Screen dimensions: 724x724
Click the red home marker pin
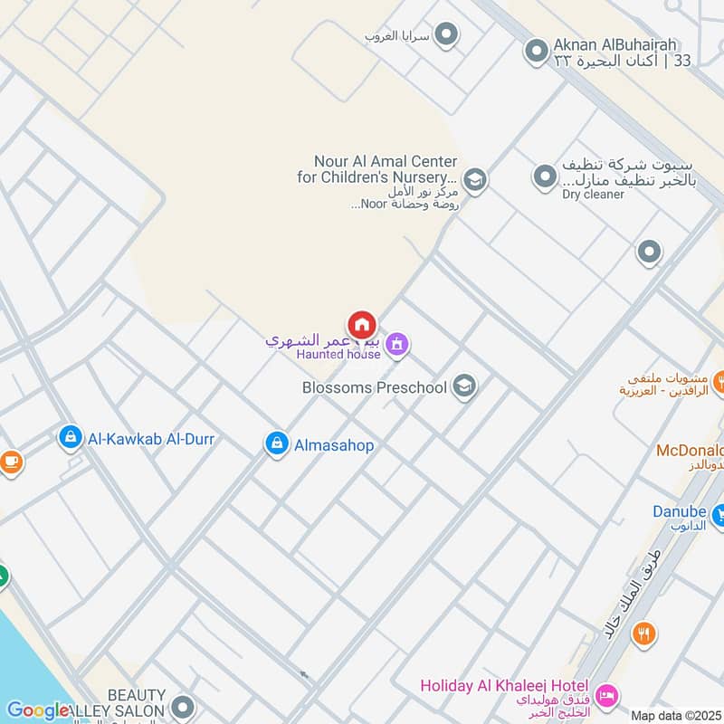[x=361, y=325]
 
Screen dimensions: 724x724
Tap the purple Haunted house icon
[x=395, y=344]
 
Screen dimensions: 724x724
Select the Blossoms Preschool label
[x=375, y=387]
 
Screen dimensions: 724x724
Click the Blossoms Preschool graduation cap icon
[x=464, y=387]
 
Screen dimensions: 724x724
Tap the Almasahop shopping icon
[x=277, y=443]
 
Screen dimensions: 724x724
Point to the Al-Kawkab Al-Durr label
[x=151, y=439]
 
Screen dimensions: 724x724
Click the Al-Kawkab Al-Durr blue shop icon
[x=70, y=438]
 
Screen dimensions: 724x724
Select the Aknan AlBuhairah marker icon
[x=537, y=50]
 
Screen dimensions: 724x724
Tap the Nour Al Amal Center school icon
[x=474, y=179]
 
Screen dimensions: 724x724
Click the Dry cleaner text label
[x=593, y=194]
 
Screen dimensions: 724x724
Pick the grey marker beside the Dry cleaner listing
[x=544, y=176]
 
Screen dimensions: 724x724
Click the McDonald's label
[x=690, y=451]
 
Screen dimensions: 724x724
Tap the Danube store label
[x=679, y=511]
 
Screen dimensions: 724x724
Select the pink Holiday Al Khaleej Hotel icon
[x=607, y=694]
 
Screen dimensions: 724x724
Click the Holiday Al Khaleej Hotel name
[x=504, y=686]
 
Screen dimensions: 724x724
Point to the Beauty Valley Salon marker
[x=184, y=707]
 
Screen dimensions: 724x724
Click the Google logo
[x=38, y=711]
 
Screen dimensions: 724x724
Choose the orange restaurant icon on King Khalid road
[x=643, y=633]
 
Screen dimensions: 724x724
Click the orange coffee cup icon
[x=10, y=462]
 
